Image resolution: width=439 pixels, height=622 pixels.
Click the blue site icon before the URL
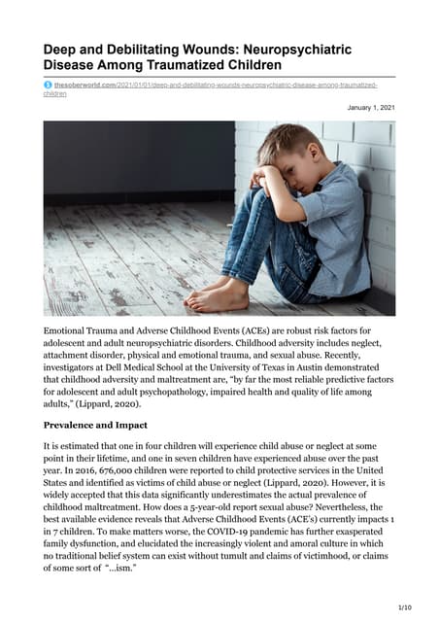pyautogui.click(x=48, y=86)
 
